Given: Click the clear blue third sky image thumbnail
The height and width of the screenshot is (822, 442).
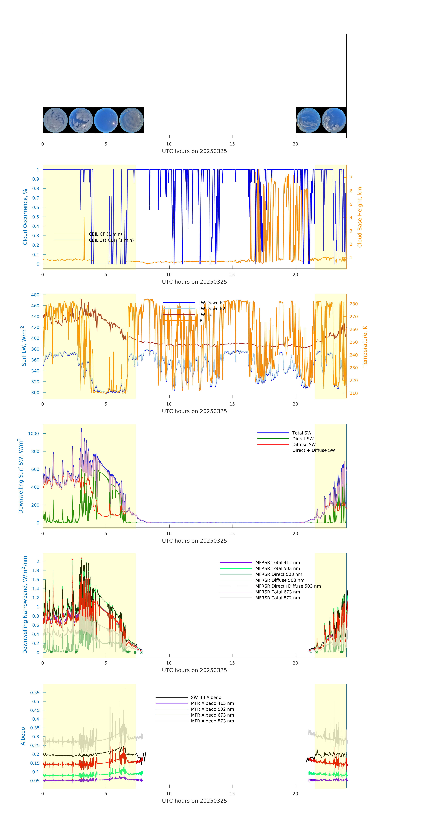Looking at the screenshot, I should [106, 120].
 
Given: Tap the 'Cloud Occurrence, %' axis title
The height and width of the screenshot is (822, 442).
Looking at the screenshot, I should [25, 217].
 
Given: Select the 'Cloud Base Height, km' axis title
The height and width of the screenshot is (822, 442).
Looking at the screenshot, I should [359, 217].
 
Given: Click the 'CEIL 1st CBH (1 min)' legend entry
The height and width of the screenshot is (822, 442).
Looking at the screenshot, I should [111, 240].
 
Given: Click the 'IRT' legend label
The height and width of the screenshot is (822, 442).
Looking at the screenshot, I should [202, 321].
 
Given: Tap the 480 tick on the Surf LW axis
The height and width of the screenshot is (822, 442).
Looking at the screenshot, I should [35, 295].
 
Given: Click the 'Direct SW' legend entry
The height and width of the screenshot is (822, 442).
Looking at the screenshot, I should [303, 439].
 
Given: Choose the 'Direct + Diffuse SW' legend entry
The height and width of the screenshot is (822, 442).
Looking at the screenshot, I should [313, 450].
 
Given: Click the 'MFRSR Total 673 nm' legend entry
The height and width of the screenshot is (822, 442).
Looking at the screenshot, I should [277, 592].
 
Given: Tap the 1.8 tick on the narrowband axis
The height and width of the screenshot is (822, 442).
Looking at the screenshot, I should [36, 570].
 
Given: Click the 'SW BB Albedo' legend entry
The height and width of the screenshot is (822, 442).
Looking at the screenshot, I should [206, 697].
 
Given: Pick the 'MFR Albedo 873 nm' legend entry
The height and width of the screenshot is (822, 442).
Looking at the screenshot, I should [212, 721].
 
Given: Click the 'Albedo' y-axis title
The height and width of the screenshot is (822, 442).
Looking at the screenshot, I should [23, 736].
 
